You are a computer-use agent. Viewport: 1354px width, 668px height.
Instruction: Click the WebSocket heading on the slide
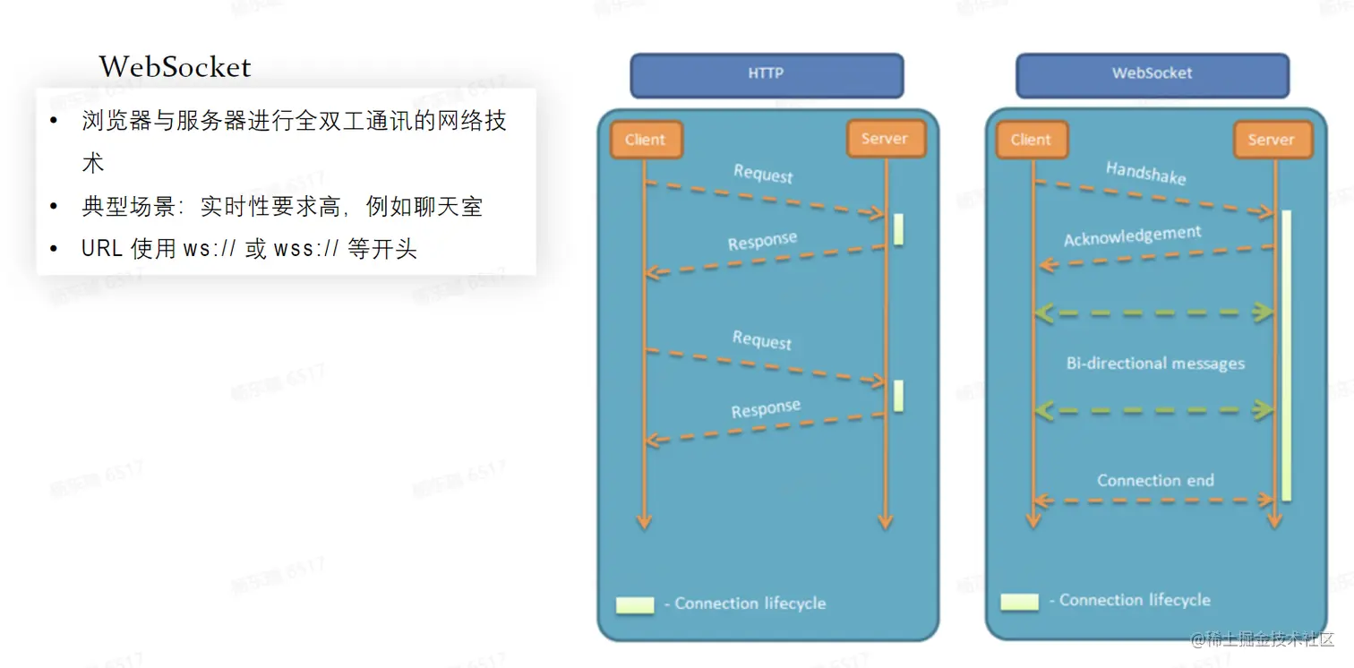pos(176,67)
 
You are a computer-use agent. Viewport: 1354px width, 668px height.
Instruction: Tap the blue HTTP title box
pos(767,75)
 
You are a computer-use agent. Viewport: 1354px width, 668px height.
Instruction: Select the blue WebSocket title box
pos(1152,75)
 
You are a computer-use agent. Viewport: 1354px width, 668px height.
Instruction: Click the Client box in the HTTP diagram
pos(646,140)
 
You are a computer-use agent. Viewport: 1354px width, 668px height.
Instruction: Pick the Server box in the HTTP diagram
pos(885,139)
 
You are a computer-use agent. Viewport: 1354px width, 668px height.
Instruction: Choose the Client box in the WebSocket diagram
pos(1031,140)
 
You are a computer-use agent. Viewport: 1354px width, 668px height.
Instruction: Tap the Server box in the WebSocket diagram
pos(1272,140)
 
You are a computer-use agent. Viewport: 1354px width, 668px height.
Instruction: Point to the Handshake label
pos(1145,173)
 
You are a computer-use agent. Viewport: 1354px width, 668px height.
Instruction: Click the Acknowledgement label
pos(1132,236)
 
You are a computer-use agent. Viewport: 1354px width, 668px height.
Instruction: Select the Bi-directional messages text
pos(1155,364)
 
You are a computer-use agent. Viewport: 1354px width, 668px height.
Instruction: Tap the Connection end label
pos(1155,481)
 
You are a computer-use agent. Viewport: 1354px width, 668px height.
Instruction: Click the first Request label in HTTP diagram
pos(763,174)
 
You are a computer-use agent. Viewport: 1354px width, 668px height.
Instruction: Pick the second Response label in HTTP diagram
pos(766,410)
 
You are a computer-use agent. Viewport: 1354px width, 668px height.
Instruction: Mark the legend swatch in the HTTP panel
pos(635,604)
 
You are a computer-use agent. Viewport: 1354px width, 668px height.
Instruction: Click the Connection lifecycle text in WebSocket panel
pos(1135,601)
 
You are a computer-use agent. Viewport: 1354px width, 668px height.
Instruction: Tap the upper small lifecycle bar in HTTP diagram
pos(898,229)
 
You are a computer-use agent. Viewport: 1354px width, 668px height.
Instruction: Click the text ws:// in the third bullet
pos(210,249)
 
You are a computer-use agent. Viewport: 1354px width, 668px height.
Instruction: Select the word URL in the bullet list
pos(101,249)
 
